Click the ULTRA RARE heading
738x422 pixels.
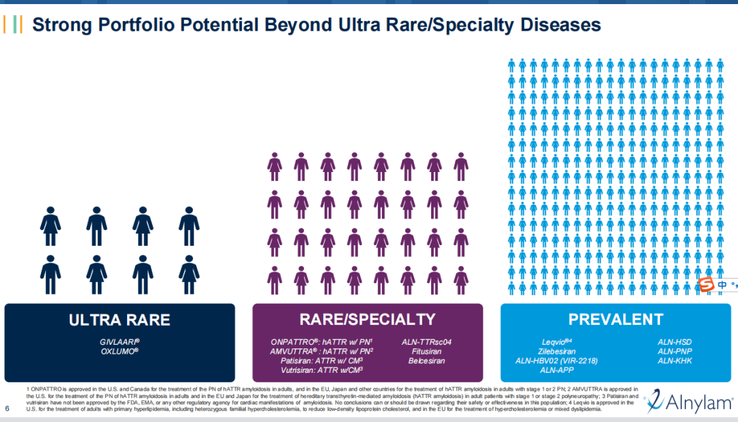[120, 320]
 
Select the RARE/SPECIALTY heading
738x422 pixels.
[368, 320]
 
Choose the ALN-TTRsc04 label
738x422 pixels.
[426, 341]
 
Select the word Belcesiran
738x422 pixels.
[426, 361]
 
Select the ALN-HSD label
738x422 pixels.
[675, 341]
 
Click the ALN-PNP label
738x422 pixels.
[675, 351]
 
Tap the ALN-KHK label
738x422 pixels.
[675, 361]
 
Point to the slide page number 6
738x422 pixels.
[7, 409]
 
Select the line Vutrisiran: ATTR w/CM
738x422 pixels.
[322, 370]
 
